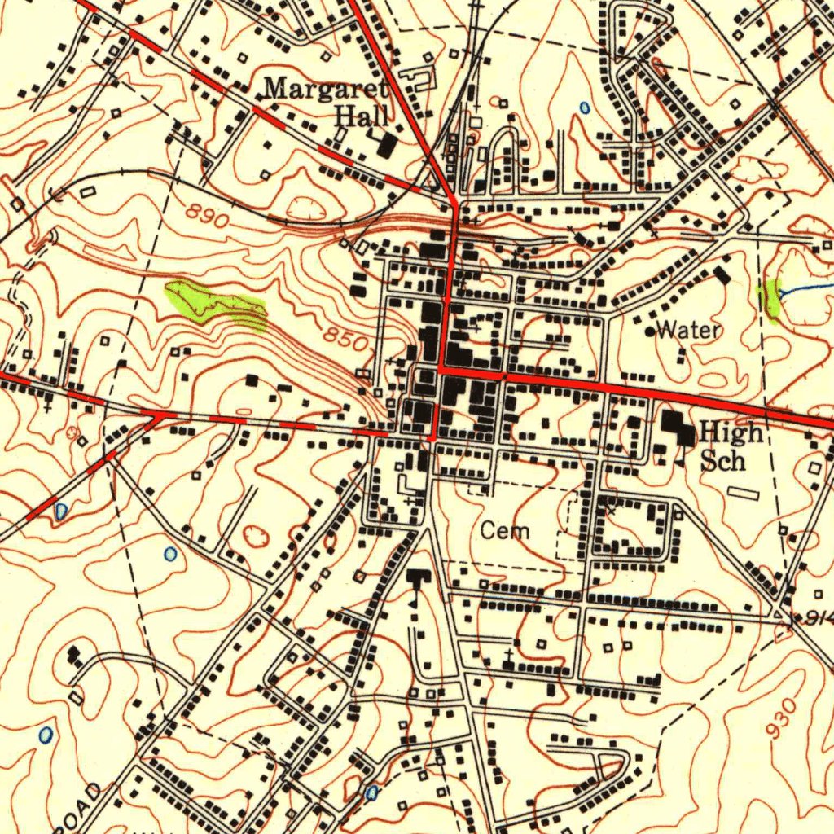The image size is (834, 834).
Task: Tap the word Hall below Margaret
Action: coord(362,116)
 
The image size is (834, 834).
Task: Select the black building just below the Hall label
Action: coord(387,146)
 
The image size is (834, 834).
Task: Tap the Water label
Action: coord(688,330)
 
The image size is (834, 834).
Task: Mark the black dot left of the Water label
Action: coord(650,331)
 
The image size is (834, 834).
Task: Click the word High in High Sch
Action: coord(731,432)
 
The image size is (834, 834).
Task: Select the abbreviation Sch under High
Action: coord(722,460)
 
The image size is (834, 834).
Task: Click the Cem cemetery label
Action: coord(504,532)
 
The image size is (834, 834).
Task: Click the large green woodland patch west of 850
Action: coord(216,305)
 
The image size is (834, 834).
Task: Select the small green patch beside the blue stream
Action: coord(769,299)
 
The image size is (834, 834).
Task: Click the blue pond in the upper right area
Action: coord(584,107)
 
